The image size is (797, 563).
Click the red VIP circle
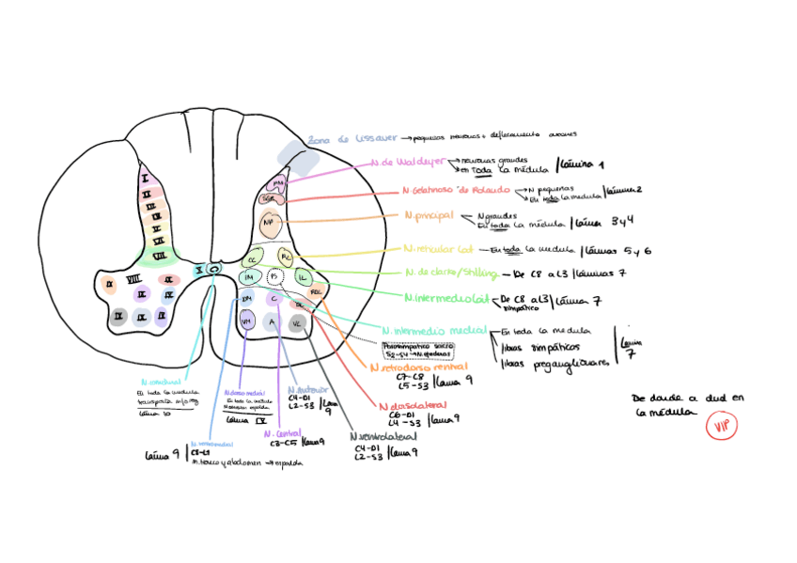coord(722,426)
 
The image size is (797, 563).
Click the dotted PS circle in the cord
coord(274,277)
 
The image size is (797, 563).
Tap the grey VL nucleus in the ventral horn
coord(297,322)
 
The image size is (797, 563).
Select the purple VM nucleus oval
coord(247,321)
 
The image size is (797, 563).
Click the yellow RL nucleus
coord(287,257)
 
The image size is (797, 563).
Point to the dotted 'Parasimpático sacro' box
coord(418,349)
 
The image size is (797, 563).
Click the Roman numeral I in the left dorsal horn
coord(145,178)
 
